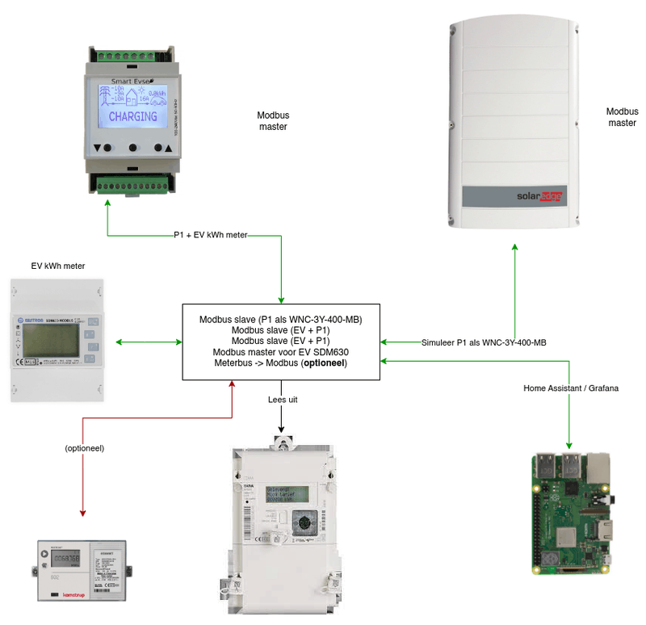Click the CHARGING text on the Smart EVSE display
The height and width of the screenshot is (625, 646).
(x=133, y=116)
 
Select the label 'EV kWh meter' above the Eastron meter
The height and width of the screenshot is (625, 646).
(x=58, y=266)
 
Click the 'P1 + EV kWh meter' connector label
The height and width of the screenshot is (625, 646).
(x=211, y=235)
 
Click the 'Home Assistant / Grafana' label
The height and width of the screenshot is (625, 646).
(x=571, y=388)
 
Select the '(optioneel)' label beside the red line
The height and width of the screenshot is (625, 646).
(x=85, y=447)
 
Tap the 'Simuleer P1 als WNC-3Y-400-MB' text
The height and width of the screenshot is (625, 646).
(x=484, y=342)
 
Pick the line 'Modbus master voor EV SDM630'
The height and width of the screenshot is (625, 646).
(x=280, y=352)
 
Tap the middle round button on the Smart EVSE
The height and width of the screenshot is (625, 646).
(x=133, y=149)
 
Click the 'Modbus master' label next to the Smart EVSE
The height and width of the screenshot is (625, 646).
(x=273, y=121)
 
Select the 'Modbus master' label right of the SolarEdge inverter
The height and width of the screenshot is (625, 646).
(x=622, y=116)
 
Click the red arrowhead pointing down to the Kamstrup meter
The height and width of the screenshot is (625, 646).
(x=84, y=511)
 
